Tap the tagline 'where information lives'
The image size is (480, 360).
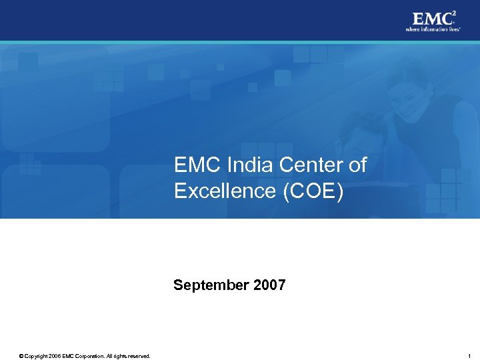(433, 29)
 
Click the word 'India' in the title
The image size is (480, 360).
(243, 165)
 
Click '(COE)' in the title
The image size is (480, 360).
(313, 191)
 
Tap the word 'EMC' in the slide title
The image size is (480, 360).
(195, 165)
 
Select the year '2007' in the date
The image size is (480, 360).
(269, 285)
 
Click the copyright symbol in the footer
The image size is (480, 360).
(21, 356)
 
